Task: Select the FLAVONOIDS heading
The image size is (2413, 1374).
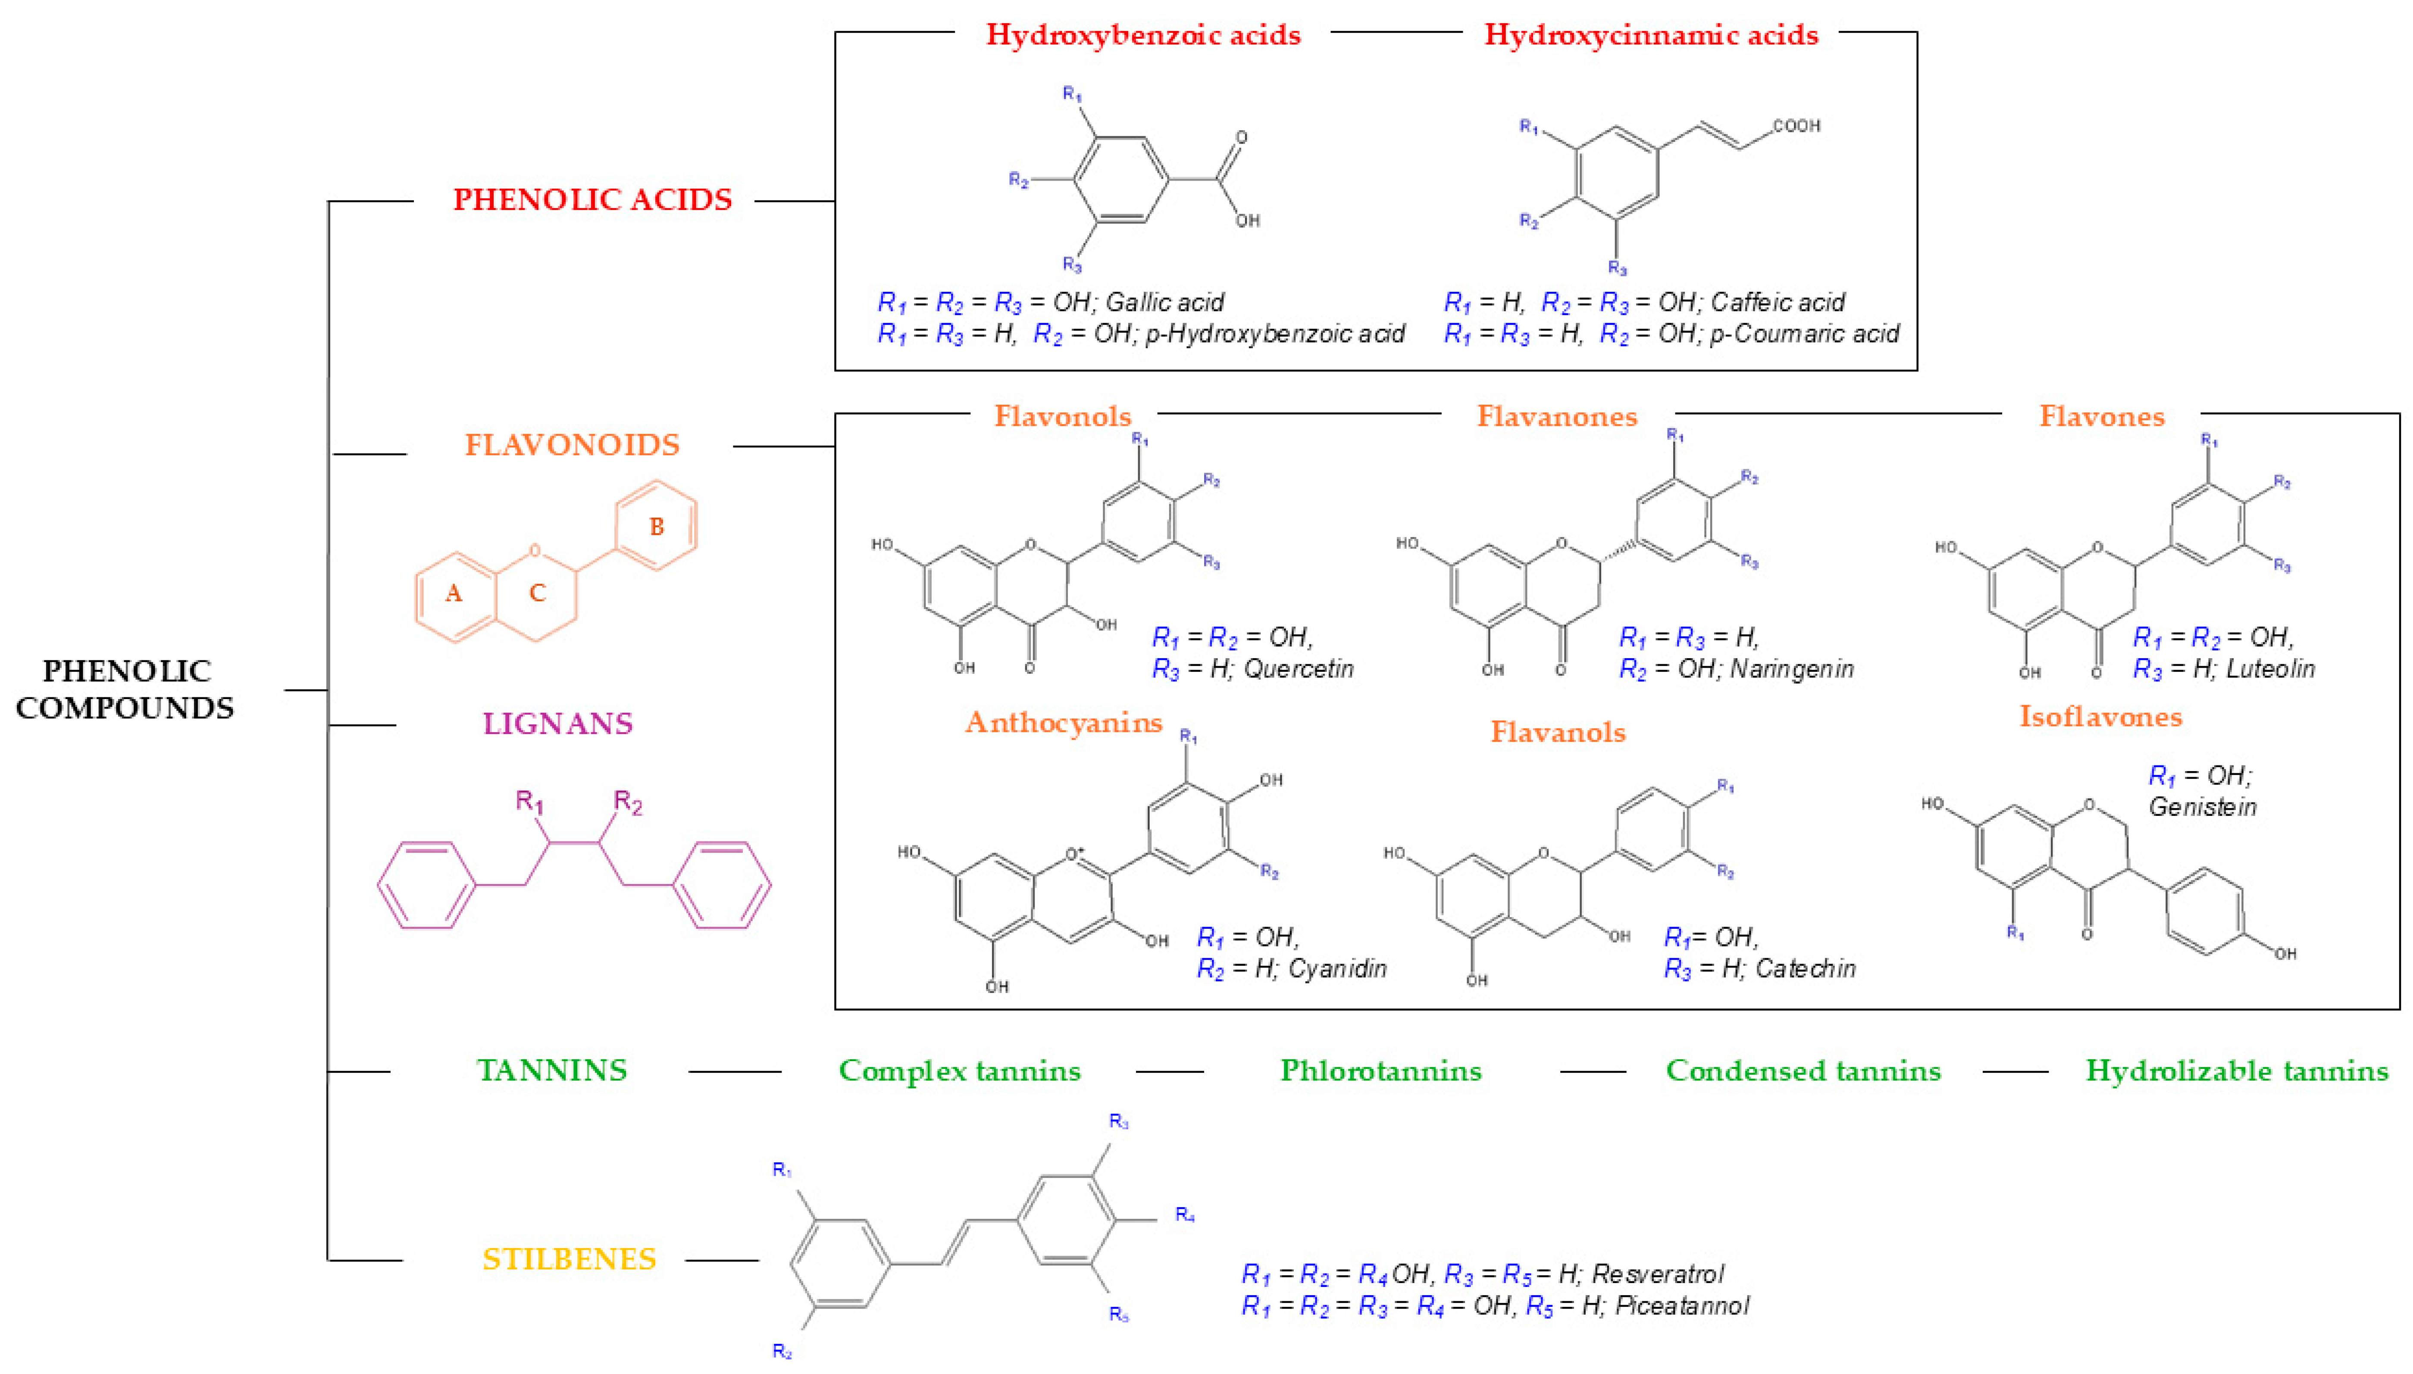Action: coord(572,445)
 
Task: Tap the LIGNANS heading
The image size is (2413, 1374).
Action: coord(558,724)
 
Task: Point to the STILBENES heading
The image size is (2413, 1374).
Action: coord(569,1259)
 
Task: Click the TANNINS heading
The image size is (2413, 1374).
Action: coord(552,1070)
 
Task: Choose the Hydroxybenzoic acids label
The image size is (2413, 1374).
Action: coord(1143,35)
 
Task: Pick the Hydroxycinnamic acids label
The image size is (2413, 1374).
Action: coord(1650,35)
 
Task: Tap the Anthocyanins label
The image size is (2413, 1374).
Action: coord(1064,723)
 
